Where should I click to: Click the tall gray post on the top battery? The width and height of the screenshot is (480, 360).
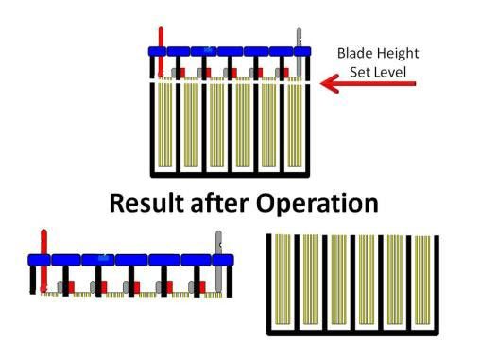[300, 52]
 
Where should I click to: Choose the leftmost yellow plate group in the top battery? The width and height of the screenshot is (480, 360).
[166, 129]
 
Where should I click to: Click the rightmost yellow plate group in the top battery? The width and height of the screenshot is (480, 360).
[298, 129]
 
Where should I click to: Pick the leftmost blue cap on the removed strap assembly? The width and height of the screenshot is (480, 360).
[38, 259]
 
